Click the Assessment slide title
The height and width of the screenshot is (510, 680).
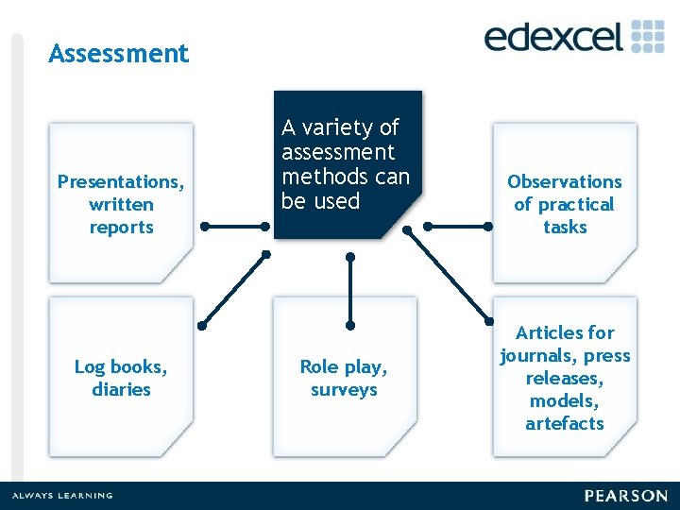point(118,54)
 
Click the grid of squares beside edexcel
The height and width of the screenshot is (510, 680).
point(648,35)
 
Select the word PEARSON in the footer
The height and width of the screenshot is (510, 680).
point(625,496)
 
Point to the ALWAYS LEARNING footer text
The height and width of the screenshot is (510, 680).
point(61,496)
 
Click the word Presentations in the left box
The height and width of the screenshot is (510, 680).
point(121,181)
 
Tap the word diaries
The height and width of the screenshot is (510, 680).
point(121,389)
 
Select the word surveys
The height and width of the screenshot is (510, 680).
point(344,389)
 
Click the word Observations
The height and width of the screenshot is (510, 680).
point(565,181)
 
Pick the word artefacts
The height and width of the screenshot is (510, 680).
point(565,423)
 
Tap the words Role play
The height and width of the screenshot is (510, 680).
point(344,366)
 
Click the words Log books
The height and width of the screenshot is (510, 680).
point(121,366)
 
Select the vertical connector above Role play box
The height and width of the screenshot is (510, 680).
point(350,290)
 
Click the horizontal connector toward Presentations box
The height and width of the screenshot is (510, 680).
point(236,227)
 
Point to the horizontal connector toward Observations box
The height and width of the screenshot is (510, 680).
point(457,227)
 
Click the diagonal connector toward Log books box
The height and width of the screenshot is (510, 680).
point(233,290)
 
